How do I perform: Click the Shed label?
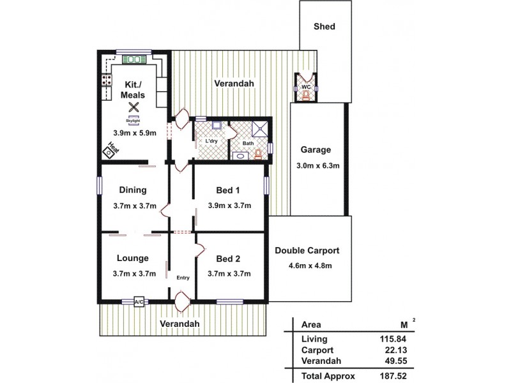[x=324, y=27]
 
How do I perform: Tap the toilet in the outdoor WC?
[x=307, y=96]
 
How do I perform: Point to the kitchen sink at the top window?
[x=134, y=59]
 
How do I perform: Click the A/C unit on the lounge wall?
[x=139, y=301]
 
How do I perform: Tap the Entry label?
[x=183, y=278]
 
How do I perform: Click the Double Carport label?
[x=307, y=250]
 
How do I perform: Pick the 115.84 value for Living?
[x=393, y=339]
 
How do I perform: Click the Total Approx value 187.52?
[x=393, y=377]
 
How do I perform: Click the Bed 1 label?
[x=228, y=190]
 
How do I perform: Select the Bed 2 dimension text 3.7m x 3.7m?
[x=229, y=273]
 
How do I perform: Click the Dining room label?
[x=133, y=190]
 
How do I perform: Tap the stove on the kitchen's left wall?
[x=103, y=82]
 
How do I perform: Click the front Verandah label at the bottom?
[x=180, y=324]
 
